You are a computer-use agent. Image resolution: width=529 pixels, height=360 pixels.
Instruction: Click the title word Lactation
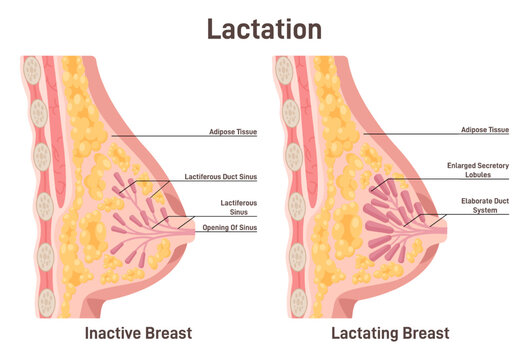[264, 27]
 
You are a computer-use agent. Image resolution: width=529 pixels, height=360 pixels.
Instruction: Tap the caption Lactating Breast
[391, 332]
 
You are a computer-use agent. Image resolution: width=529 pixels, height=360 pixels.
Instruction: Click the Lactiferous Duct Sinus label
[221, 176]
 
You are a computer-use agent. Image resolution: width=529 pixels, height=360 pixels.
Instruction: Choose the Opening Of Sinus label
[229, 227]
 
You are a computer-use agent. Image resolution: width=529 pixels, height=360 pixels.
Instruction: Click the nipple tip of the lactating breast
[444, 222]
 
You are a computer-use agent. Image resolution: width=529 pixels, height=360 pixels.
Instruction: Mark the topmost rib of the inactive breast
[34, 71]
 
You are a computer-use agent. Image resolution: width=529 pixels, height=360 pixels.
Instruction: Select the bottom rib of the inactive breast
[43, 249]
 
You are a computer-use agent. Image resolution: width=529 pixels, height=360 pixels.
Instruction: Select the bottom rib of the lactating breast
[295, 250]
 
